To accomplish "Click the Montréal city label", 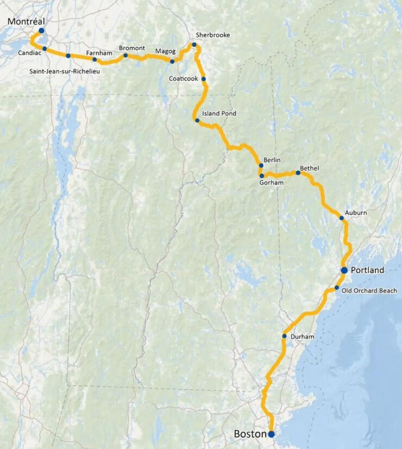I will point(26,21).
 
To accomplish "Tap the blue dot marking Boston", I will point(271,434).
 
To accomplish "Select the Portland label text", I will point(367,270).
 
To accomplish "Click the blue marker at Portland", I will point(344,270).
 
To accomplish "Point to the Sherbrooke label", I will point(212,35).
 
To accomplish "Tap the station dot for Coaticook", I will point(204,79).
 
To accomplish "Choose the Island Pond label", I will point(219,114).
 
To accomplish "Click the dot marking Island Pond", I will point(197,120).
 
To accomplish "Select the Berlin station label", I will point(272,160).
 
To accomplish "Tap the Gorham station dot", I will point(261,176).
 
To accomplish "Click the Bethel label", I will point(310,169).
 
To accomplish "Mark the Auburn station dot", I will point(342,218).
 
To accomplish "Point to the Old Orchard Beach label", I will point(369,291).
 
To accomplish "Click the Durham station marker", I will point(285,336).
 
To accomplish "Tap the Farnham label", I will point(98,53).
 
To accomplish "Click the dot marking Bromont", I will point(125,55).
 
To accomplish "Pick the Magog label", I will point(165,51).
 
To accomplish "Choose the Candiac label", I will point(29,53).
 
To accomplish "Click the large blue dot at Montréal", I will point(41,30).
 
